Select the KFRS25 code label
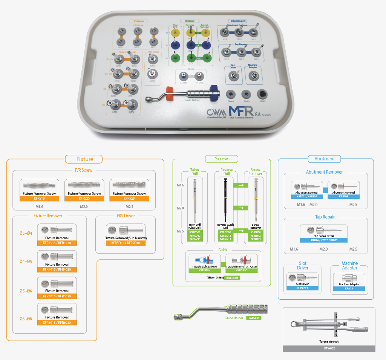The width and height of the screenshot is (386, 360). coord(129,198)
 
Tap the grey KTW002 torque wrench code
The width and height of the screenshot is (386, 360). coord(329,348)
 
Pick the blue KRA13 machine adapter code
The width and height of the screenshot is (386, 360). coord(349,288)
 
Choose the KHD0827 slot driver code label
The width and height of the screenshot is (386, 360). coord(302,288)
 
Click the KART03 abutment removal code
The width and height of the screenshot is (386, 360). coord(343,196)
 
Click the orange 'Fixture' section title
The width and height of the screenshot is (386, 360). coord(84,159)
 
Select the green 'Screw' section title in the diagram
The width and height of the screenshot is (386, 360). coord(221,158)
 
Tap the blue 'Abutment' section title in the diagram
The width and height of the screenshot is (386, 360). coord(325,159)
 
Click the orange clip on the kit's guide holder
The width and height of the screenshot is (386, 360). coord(170,93)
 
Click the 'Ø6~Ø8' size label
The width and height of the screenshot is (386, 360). coord(26,319)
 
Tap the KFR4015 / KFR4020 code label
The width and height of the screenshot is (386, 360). coord(57,269)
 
